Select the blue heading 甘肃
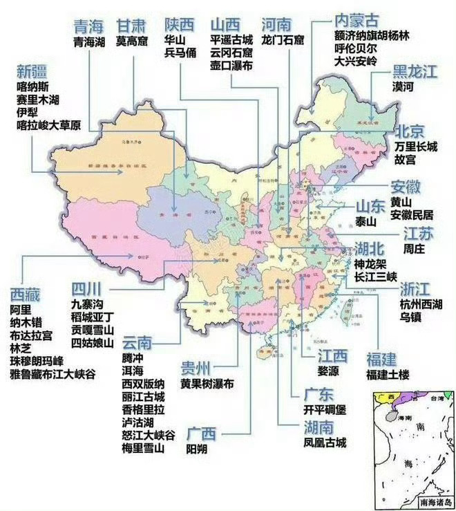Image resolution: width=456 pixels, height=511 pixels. click(131, 26)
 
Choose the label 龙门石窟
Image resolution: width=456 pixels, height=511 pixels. click(283, 41)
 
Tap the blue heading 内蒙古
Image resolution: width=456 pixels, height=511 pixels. click(355, 19)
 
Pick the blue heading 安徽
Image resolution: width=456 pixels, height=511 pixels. click(406, 187)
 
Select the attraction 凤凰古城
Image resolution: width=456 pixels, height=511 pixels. click(325, 443)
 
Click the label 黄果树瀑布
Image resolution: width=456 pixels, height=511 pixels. click(207, 383)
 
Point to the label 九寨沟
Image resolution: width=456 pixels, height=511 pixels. click(88, 303)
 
